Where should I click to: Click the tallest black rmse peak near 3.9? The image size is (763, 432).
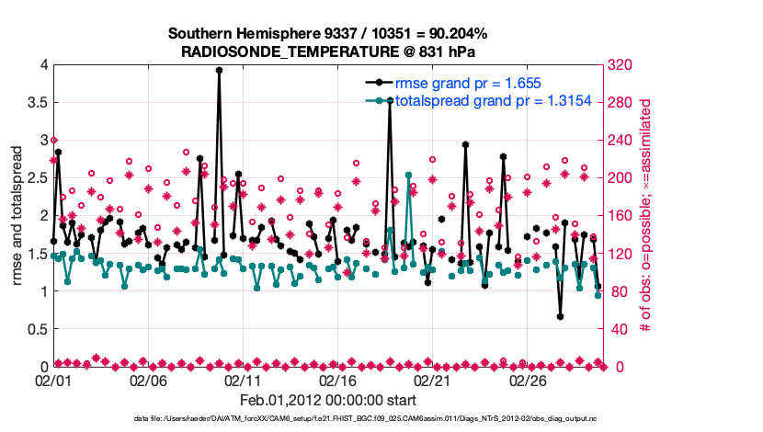[x=219, y=70]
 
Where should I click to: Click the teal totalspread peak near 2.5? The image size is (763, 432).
[x=408, y=175]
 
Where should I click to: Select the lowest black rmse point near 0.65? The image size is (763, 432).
[x=560, y=316]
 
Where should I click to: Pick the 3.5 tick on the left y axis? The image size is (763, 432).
[x=34, y=102]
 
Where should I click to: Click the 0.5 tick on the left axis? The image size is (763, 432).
[x=34, y=329]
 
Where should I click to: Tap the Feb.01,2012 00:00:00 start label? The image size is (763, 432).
[x=328, y=400]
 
